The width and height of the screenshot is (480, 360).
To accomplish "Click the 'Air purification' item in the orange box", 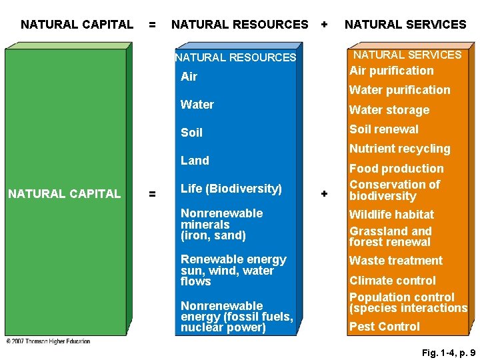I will click(x=391, y=71).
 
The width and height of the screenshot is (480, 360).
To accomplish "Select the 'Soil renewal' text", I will click(x=384, y=129).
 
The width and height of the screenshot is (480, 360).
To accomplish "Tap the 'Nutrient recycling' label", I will click(x=399, y=149).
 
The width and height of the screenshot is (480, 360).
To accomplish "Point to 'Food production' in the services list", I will click(x=396, y=169).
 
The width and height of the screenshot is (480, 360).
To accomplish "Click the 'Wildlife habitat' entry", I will click(x=391, y=215).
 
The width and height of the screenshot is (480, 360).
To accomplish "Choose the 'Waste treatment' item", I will click(x=395, y=261).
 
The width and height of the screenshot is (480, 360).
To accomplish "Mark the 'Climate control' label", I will click(x=392, y=281).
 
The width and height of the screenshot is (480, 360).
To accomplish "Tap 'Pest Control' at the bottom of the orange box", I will click(x=385, y=327).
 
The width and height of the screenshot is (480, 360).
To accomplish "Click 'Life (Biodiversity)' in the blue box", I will click(x=231, y=189).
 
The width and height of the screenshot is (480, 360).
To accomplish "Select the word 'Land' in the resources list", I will click(x=195, y=161).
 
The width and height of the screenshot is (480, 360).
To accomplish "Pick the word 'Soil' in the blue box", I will click(x=191, y=133).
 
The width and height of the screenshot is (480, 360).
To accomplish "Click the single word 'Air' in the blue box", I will click(x=189, y=77).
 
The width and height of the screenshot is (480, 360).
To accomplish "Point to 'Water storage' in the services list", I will click(x=389, y=110).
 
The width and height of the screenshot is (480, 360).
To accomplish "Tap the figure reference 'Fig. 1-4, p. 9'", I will click(x=449, y=353).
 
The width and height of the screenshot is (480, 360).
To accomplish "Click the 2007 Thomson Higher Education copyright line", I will click(x=48, y=341).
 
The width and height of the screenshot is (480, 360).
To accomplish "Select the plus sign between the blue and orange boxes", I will click(x=325, y=193).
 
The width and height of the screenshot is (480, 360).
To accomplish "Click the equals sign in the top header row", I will click(x=153, y=25).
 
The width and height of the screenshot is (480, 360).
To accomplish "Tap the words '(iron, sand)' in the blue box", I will click(x=213, y=235).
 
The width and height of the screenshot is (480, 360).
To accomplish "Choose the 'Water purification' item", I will click(x=399, y=90).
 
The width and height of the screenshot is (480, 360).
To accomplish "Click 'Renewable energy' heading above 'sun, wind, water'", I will click(x=233, y=259).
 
